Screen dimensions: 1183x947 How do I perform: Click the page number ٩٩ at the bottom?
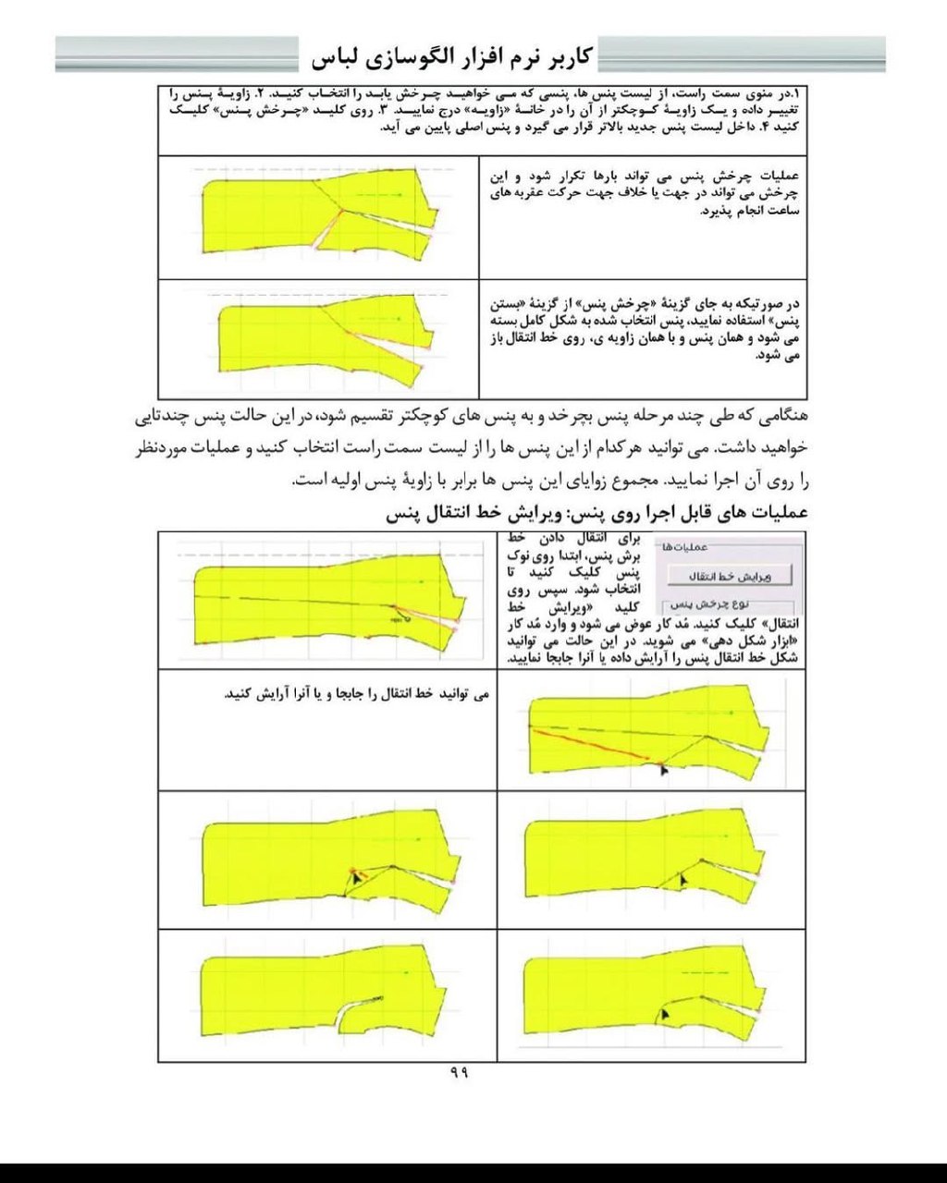tap(460, 1072)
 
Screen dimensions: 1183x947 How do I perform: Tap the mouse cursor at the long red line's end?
tap(664, 768)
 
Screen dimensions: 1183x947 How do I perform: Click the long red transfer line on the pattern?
tap(592, 743)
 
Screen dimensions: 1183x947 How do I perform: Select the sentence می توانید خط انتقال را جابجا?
tap(356, 693)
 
